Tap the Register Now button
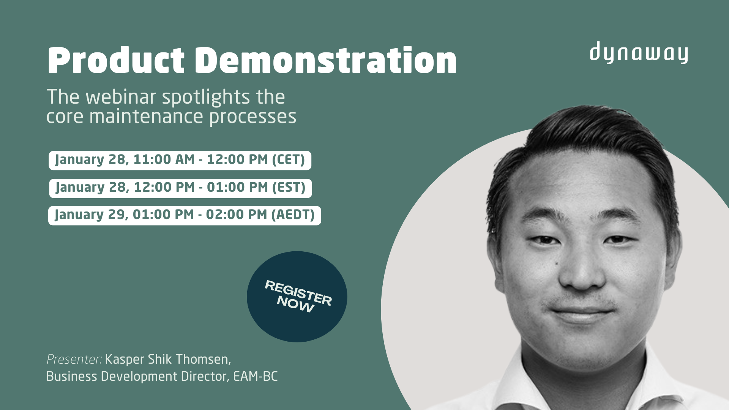click(297, 296)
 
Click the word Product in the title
click(116, 61)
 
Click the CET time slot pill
click(180, 160)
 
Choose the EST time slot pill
click(180, 188)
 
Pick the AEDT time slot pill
click(185, 215)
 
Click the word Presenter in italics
click(74, 359)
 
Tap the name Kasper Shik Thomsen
click(167, 359)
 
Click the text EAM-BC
click(255, 377)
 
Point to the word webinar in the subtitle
click(123, 97)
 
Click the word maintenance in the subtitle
click(147, 117)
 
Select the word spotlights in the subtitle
click(206, 97)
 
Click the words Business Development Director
click(137, 377)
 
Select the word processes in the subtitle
click(252, 117)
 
